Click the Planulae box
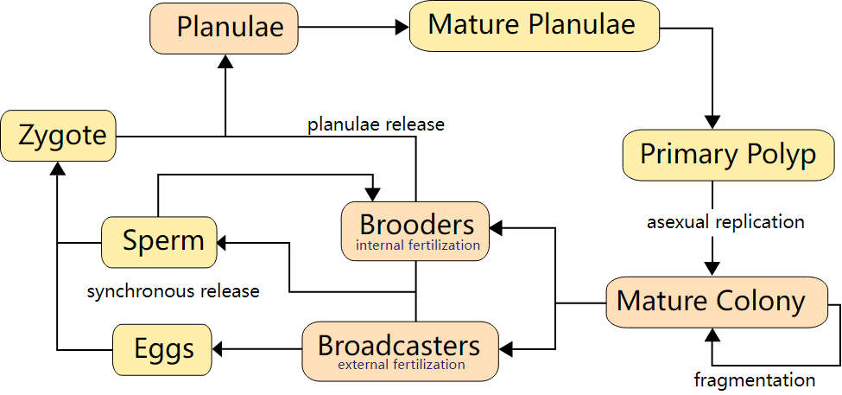click(224, 27)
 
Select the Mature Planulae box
click(534, 25)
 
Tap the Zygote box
click(58, 136)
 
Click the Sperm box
click(159, 241)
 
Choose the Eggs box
click(164, 350)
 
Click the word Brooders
click(416, 225)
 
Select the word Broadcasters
click(399, 345)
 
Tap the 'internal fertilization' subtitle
click(417, 245)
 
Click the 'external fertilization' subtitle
click(401, 365)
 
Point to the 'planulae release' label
click(376, 124)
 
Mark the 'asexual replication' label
click(725, 222)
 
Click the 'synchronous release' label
click(173, 291)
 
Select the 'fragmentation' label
click(754, 379)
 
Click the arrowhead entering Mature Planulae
click(402, 28)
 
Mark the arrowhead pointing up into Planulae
click(225, 60)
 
